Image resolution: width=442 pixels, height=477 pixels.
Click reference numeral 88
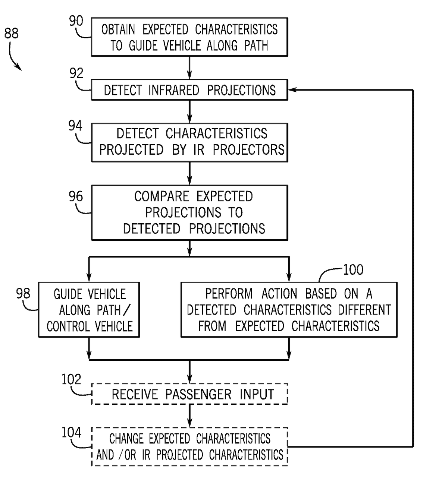click(12, 34)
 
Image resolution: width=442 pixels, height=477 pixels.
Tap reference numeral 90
click(76, 21)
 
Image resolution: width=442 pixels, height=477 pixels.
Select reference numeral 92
click(76, 73)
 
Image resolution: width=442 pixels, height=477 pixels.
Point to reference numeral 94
click(75, 126)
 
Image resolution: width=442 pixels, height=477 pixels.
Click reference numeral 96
click(76, 196)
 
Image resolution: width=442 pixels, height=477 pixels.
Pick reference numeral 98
click(23, 294)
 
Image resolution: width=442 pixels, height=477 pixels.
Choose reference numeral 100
click(353, 270)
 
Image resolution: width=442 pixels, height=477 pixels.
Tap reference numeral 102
click(71, 379)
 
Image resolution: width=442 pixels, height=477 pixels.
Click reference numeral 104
click(71, 433)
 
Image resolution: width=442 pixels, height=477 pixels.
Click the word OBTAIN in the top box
click(118, 29)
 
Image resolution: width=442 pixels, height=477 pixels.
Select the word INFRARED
click(174, 90)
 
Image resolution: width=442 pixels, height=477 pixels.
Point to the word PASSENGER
click(198, 394)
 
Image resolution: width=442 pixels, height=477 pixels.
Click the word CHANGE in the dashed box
click(127, 439)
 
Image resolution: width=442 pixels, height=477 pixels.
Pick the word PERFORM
click(229, 294)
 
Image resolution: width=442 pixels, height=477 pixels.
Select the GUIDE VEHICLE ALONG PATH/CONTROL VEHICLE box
click(89, 310)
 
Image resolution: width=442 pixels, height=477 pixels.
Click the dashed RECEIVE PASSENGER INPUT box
click(189, 394)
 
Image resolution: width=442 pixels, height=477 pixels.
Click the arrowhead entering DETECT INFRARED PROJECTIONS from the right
click(292, 90)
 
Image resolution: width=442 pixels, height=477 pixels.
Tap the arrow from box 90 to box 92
click(189, 68)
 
